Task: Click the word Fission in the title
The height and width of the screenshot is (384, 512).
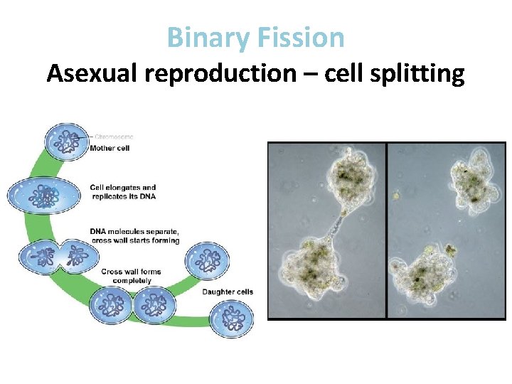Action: pos(302,37)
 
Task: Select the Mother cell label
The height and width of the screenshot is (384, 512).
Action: pos(110,148)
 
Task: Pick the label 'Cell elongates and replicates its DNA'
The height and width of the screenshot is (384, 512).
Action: pos(122,192)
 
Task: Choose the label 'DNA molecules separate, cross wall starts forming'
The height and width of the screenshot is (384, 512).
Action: pos(134,235)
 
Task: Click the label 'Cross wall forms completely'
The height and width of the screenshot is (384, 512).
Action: pos(131,276)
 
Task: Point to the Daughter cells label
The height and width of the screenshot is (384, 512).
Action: pos(228,292)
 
